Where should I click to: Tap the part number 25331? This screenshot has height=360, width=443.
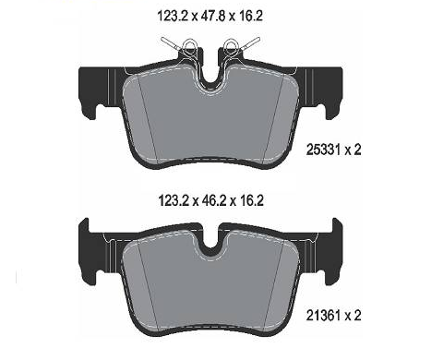point(323,150)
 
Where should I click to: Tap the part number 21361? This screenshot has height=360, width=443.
point(323,316)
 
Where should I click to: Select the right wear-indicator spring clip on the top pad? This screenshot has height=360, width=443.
point(239,47)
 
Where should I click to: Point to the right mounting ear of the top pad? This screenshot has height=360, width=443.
point(329,92)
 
